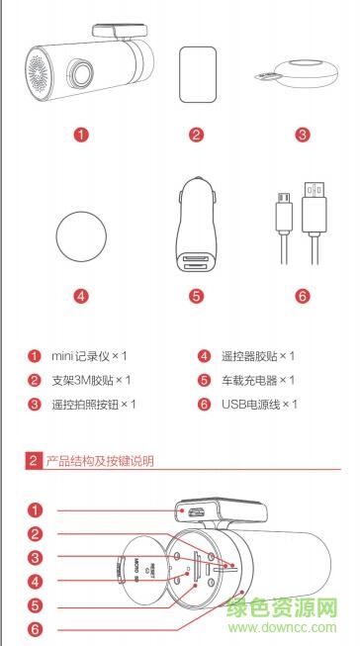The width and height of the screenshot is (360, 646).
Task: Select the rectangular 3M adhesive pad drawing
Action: click(x=196, y=74)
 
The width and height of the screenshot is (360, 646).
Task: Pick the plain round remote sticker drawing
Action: click(x=81, y=235)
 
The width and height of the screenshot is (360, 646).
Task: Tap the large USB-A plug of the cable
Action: click(x=314, y=209)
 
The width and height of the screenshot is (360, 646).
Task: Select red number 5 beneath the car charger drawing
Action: click(x=196, y=296)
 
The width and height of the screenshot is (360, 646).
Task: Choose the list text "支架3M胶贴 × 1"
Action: click(x=91, y=380)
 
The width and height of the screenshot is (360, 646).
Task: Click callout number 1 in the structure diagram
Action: click(x=36, y=511)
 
